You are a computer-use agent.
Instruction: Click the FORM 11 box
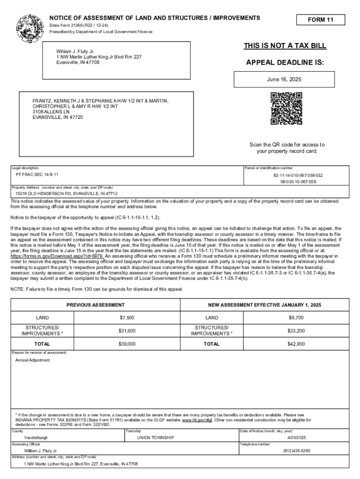tap(320, 20)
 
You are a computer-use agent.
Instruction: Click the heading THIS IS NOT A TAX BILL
tap(285, 46)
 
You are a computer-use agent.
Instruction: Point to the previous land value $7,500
tap(127, 318)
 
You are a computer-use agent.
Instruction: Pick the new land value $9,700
tap(296, 318)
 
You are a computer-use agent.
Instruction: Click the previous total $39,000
tap(127, 344)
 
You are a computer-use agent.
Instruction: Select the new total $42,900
tap(296, 344)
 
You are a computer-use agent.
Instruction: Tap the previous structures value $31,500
tap(127, 331)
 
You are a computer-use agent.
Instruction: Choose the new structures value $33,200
tap(296, 331)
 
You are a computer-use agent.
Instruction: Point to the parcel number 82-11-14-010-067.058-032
tap(298, 175)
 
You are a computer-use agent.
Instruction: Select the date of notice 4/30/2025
tap(296, 438)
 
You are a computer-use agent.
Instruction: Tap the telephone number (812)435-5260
tap(296, 451)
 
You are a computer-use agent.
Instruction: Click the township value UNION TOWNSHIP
tap(155, 438)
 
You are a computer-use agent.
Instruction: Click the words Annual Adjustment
tap(32, 360)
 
